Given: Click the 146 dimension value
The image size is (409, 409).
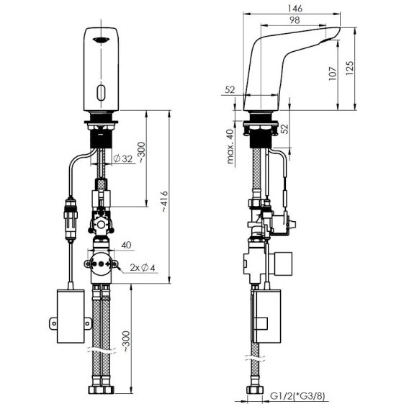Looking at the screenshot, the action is click(295, 9).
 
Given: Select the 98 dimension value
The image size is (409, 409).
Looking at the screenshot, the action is click(295, 20).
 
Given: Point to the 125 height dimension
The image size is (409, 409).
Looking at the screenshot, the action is click(350, 68).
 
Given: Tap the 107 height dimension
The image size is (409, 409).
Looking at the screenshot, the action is click(333, 73).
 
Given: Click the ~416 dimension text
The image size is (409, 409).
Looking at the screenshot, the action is click(164, 202).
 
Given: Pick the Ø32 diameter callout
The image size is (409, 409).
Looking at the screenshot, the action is click(123, 158).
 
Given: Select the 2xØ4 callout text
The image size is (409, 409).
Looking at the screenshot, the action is click(143, 268).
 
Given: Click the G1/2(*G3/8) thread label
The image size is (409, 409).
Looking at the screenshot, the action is click(297, 396).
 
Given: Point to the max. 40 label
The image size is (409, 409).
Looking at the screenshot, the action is click(230, 146).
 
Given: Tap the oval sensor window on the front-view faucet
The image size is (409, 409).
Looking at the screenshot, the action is click(101, 93).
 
